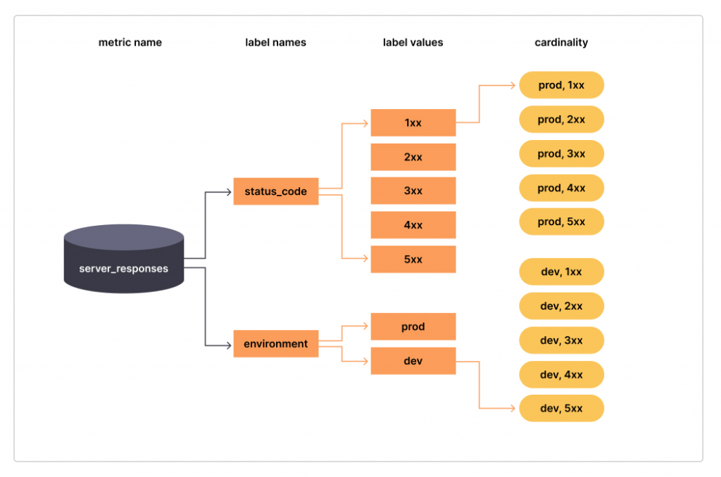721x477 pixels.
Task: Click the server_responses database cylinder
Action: pyautogui.click(x=124, y=260)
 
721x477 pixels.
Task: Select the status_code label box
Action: pyautogui.click(x=275, y=191)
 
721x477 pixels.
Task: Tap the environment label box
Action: pyautogui.click(x=275, y=344)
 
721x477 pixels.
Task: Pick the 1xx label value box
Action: pyautogui.click(x=413, y=122)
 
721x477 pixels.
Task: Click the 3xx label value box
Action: pyautogui.click(x=413, y=191)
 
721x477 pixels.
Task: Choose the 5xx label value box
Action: pyautogui.click(x=413, y=260)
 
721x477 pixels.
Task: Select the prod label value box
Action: pyautogui.click(x=413, y=327)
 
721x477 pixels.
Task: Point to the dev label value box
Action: pyautogui.click(x=413, y=361)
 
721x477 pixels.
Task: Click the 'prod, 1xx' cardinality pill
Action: pyautogui.click(x=561, y=85)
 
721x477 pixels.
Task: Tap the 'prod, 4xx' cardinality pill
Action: pyautogui.click(x=561, y=188)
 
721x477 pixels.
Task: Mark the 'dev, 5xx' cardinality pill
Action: pyautogui.click(x=561, y=408)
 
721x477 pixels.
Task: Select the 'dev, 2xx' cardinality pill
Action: pyautogui.click(x=561, y=306)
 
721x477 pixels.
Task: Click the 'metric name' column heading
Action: pyautogui.click(x=130, y=42)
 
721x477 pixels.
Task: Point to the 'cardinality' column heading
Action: pyautogui.click(x=561, y=42)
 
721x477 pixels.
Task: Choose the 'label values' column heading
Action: pyautogui.click(x=413, y=42)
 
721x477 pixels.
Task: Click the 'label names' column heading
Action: pyautogui.click(x=275, y=42)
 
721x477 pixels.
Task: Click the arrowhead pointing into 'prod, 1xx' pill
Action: pyautogui.click(x=513, y=86)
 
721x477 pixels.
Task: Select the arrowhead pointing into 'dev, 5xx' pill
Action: pyautogui.click(x=513, y=408)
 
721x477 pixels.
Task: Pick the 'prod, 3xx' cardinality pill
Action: pyautogui.click(x=561, y=153)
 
